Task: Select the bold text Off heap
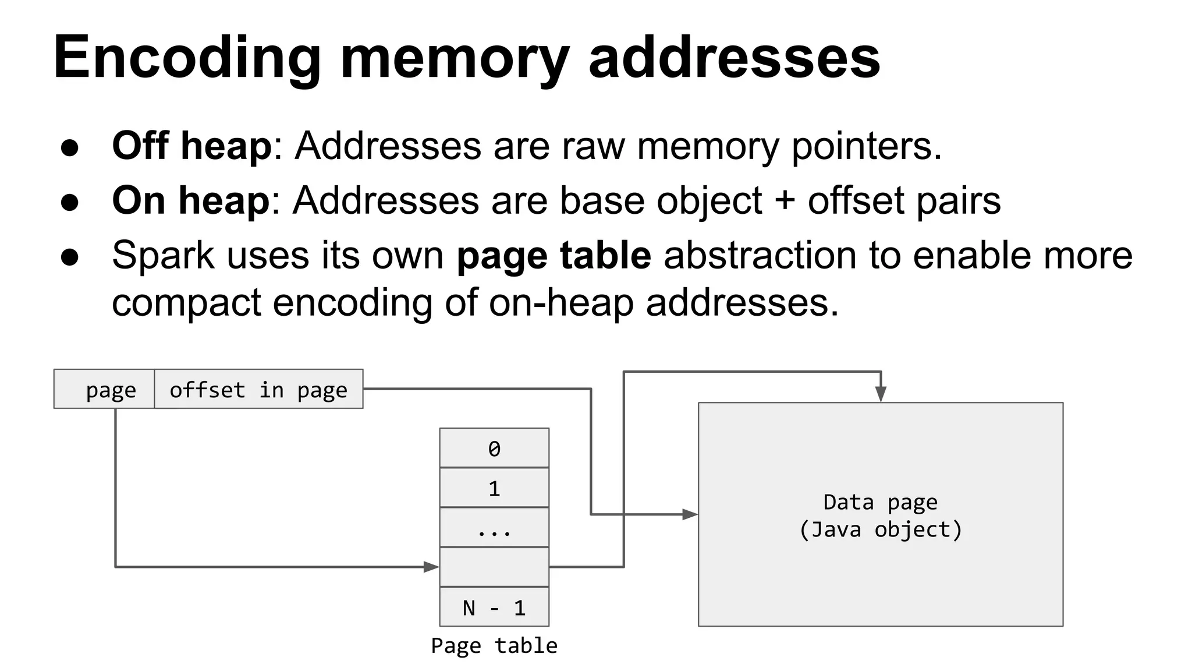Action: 191,146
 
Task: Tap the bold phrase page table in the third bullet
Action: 554,256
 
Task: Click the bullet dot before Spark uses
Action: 70,257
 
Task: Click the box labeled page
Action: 105,389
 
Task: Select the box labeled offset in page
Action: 258,389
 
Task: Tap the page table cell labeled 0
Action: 494,448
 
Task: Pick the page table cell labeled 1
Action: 494,488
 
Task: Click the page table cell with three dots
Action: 494,528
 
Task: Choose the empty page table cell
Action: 494,567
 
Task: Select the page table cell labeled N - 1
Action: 494,607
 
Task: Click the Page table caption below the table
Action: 494,645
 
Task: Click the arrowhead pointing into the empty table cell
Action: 431,567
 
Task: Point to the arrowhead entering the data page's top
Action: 881,394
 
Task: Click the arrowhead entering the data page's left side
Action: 690,514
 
